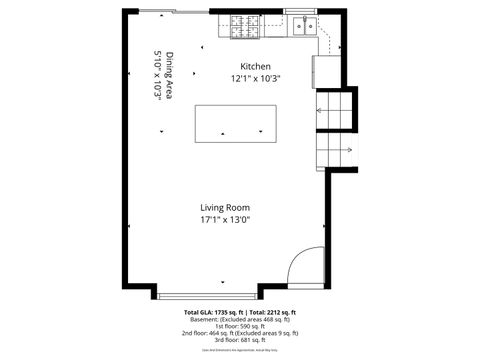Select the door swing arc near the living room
[x=303, y=267]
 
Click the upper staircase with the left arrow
[x=337, y=110]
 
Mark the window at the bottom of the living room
[x=207, y=295]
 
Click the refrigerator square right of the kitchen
[x=327, y=70]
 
